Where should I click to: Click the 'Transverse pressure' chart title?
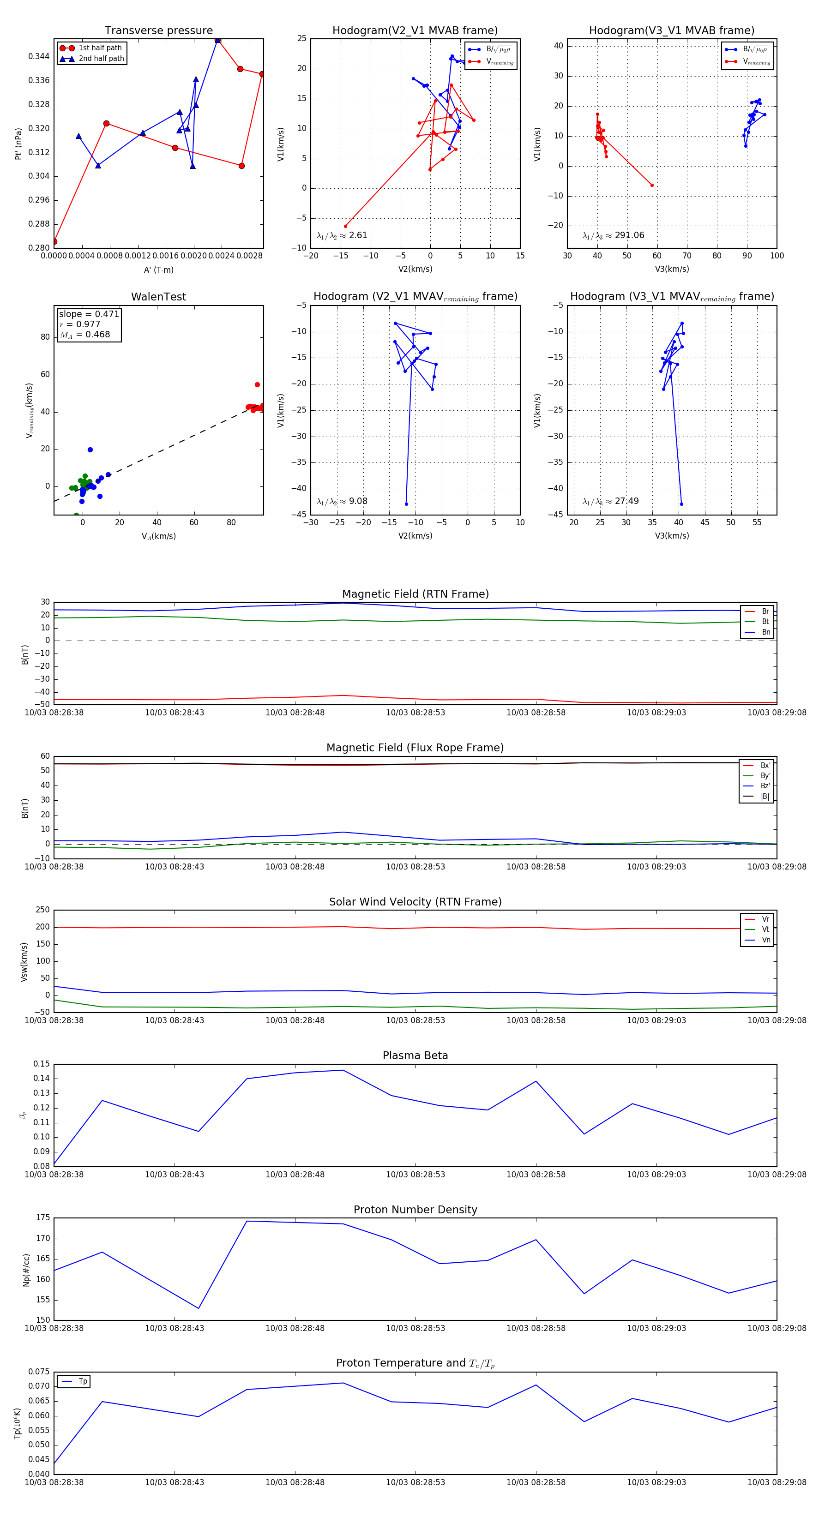158,31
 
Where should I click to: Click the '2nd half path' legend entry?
101,59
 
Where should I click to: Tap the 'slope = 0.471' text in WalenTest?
89,314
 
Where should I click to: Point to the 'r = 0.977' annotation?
80,324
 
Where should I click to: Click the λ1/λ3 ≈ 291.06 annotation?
614,235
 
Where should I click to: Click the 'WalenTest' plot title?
158,297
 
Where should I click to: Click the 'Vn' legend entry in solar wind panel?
765,940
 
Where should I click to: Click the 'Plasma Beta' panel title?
415,1055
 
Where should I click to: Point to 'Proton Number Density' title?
415,1210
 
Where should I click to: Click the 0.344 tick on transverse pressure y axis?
39,57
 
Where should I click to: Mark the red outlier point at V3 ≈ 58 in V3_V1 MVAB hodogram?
652,185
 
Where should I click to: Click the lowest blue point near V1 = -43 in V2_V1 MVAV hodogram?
406,504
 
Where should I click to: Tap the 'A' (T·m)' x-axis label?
158,270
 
